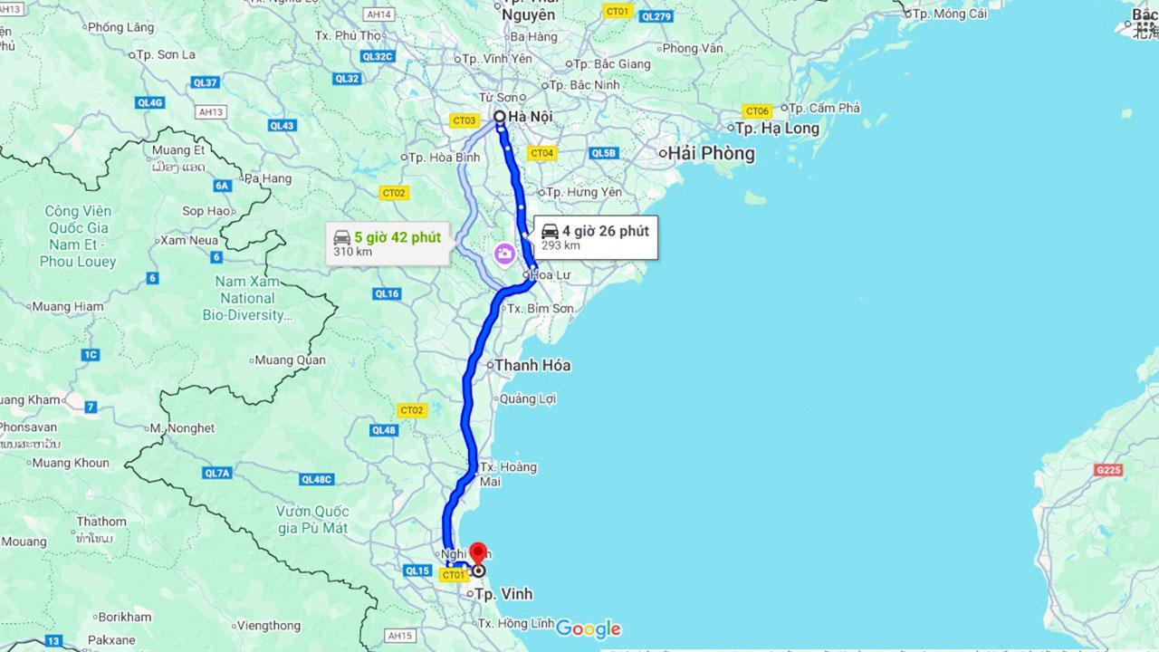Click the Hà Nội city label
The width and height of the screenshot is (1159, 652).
[530, 117]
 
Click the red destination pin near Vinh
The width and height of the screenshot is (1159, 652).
[478, 553]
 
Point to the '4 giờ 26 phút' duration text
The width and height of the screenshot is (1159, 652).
[605, 231]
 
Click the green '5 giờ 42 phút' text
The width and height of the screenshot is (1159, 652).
[398, 237]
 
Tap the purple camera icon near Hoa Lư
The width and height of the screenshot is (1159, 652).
[504, 254]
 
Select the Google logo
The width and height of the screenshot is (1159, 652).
[589, 628]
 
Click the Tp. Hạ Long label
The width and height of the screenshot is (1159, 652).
[778, 129]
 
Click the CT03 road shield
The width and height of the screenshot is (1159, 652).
[465, 120]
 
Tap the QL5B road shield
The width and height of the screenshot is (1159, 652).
[603, 153]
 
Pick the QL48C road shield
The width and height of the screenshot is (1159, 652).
[318, 479]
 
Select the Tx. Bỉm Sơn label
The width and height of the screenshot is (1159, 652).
[540, 309]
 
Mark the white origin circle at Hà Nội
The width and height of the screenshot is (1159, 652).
[499, 116]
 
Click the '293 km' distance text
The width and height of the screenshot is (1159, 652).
[560, 245]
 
